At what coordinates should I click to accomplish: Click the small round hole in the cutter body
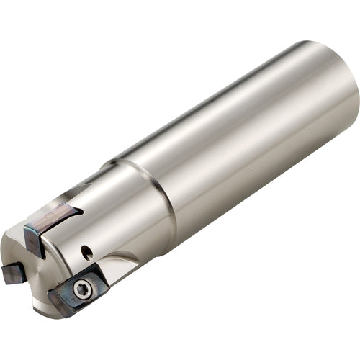(x=86, y=252)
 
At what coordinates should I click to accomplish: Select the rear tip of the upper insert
(x=79, y=210)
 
